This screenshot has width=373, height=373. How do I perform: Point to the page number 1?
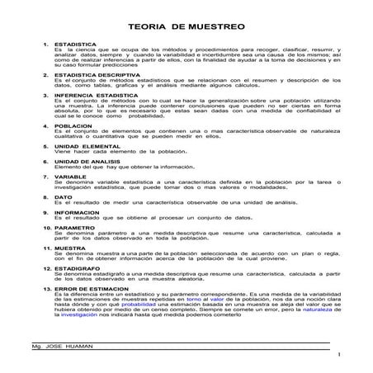tap(338, 354)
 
